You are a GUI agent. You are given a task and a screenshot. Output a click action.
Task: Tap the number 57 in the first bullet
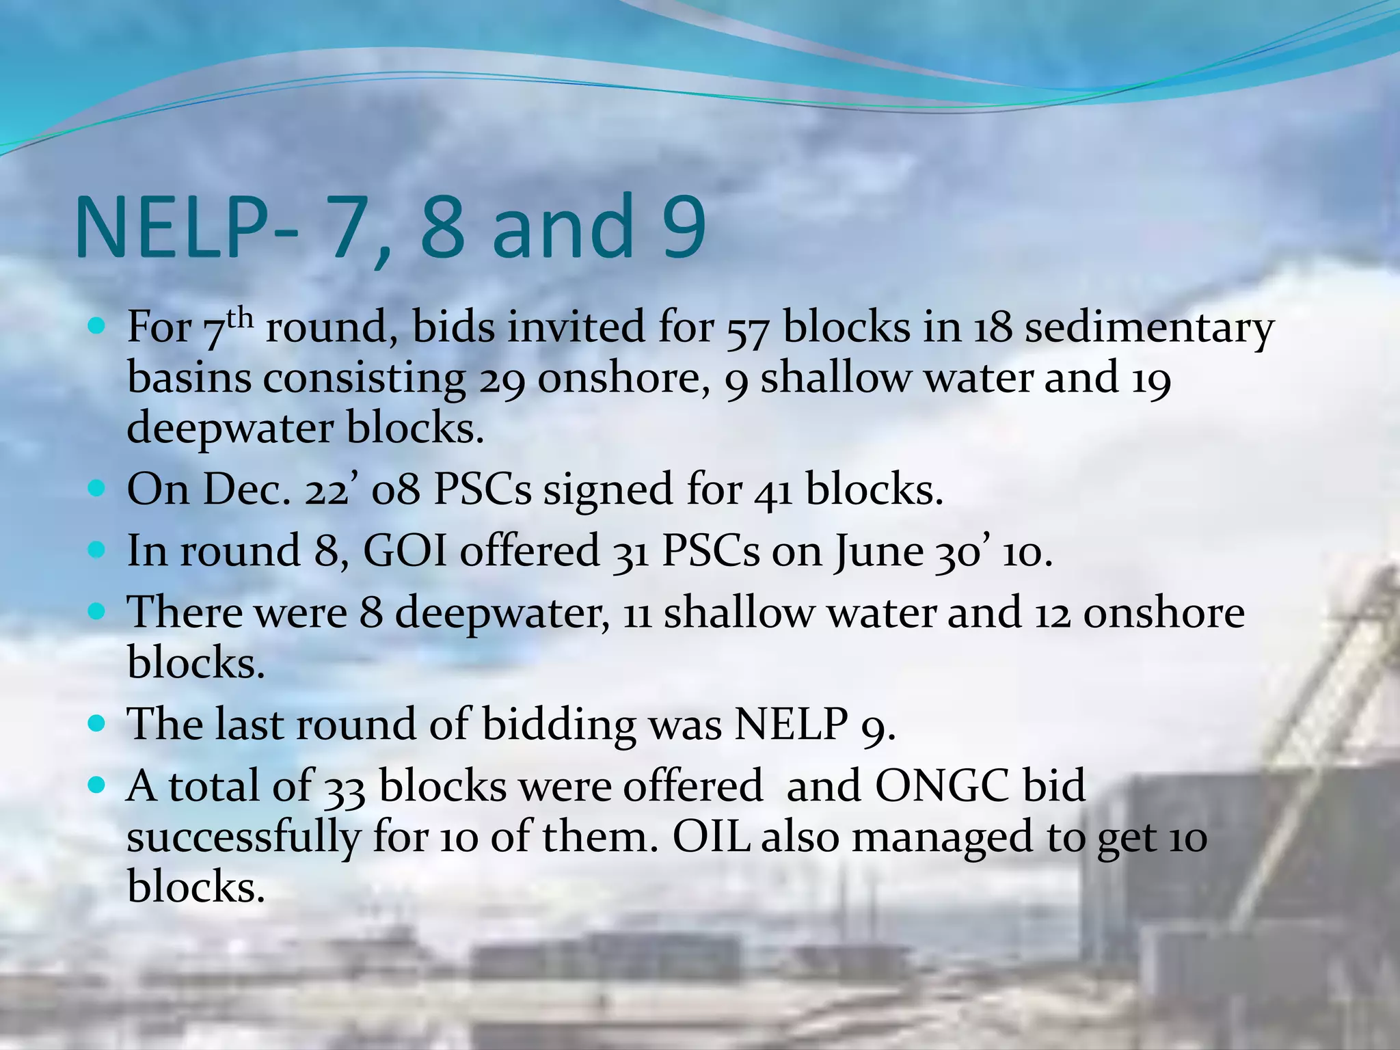pos(748,328)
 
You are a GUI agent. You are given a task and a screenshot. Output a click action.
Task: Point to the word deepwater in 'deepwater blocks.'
pos(230,429)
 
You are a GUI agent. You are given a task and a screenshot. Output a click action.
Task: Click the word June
pos(878,552)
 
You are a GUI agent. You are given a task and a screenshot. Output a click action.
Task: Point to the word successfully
pos(243,837)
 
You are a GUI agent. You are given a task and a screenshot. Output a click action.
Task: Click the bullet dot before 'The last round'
pos(97,723)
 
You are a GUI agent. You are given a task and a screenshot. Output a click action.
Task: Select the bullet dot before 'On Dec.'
pos(97,489)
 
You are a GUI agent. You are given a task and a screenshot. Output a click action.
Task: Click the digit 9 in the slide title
pos(674,227)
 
